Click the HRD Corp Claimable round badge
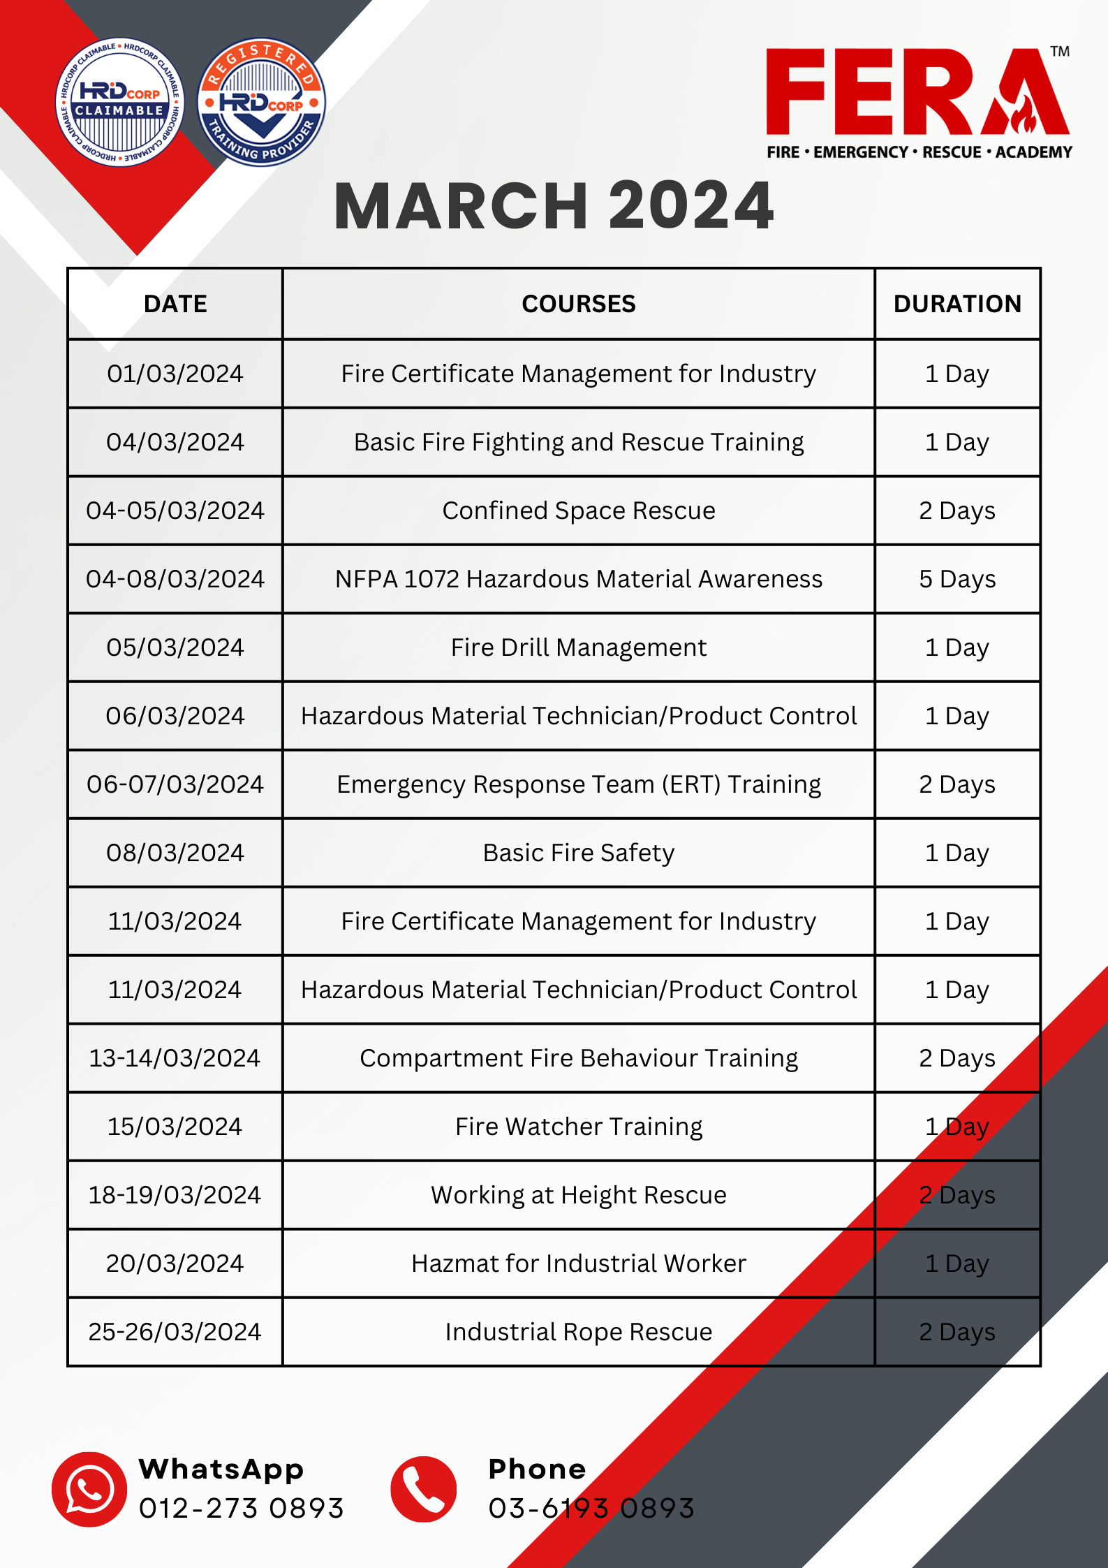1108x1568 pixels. click(120, 102)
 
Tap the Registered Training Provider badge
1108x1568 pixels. click(262, 102)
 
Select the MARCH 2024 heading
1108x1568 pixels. click(554, 205)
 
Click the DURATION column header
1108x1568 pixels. click(957, 304)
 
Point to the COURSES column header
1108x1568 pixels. click(579, 304)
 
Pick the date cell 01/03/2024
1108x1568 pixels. click(175, 374)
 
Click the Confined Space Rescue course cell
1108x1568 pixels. click(579, 511)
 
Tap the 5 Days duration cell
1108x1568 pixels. click(957, 579)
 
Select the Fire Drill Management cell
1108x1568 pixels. click(579, 647)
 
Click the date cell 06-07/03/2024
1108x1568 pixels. click(175, 784)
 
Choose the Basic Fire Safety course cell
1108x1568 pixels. click(579, 853)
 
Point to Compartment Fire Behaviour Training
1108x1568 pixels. click(579, 1058)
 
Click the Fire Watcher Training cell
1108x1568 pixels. click(579, 1127)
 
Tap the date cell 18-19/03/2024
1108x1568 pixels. click(175, 1195)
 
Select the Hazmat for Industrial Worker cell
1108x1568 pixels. click(579, 1263)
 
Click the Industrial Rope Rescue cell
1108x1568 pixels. click(579, 1332)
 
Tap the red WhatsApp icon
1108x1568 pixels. click(89, 1489)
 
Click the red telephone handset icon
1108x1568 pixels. click(423, 1489)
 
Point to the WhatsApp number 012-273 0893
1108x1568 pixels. click(242, 1509)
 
